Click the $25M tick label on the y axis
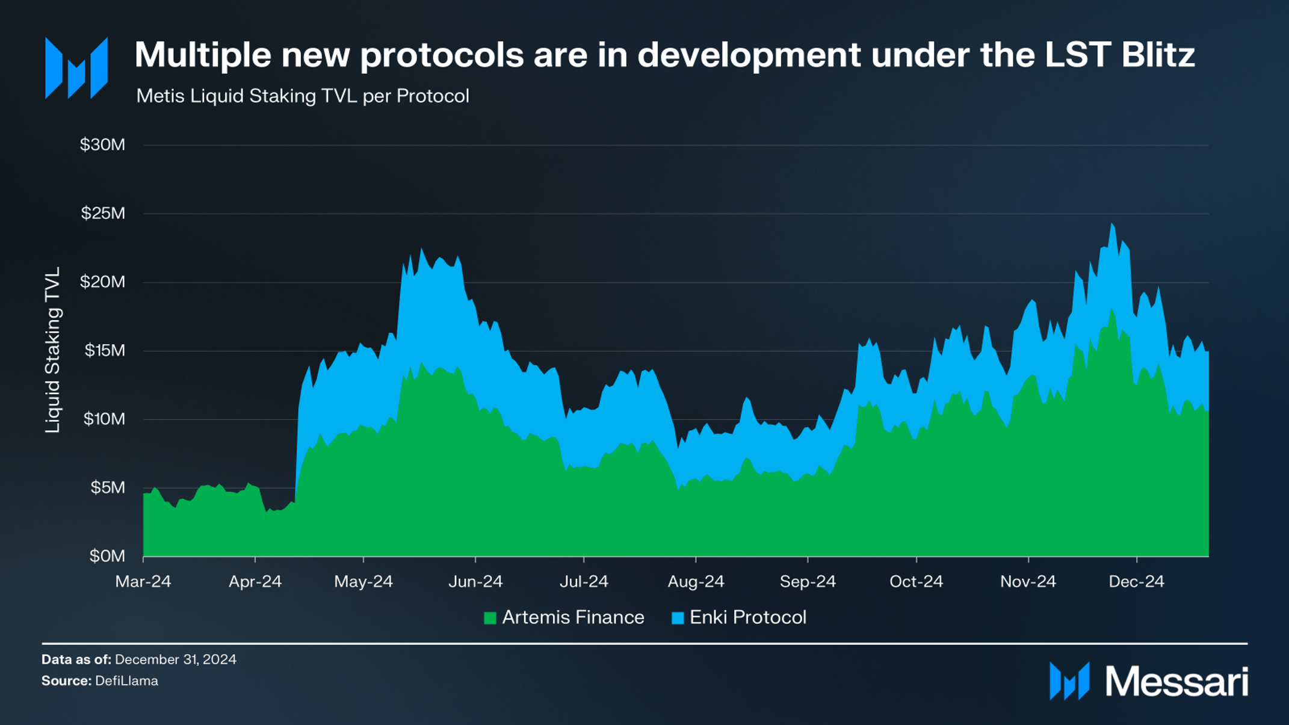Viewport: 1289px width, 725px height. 103,213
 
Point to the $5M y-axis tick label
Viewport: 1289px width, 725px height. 108,487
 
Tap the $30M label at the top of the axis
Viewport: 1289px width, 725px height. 103,144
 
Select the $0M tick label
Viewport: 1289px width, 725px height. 108,556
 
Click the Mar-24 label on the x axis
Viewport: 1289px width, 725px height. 143,582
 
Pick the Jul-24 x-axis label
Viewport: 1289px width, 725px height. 584,582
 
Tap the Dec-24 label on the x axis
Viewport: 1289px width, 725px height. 1136,582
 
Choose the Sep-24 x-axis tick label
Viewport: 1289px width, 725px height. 808,582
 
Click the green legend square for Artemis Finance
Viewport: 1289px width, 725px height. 490,618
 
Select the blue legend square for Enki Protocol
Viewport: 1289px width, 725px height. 678,618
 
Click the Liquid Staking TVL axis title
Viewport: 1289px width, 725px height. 53,350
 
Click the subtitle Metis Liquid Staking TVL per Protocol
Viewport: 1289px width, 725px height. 302,96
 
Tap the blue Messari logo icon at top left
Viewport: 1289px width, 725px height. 76,68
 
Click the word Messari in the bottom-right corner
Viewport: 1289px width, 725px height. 1176,682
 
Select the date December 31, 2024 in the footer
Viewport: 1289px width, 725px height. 175,659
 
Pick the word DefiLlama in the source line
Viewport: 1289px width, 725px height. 126,681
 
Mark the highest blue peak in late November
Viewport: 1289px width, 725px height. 1112,224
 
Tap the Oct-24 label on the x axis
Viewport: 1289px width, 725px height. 916,582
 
